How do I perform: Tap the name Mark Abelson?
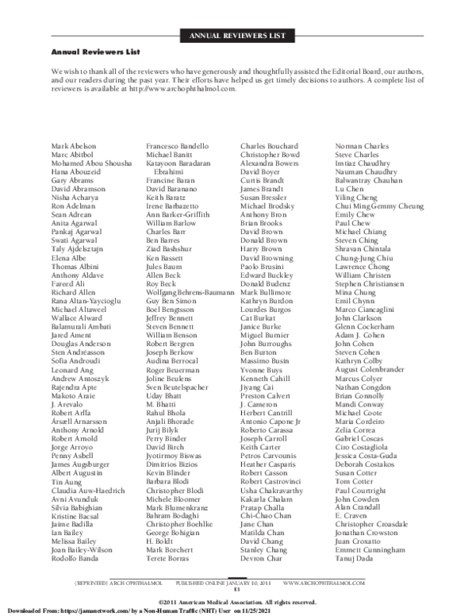pyautogui.click(x=73, y=146)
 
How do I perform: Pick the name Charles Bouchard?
pyautogui.click(x=269, y=146)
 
